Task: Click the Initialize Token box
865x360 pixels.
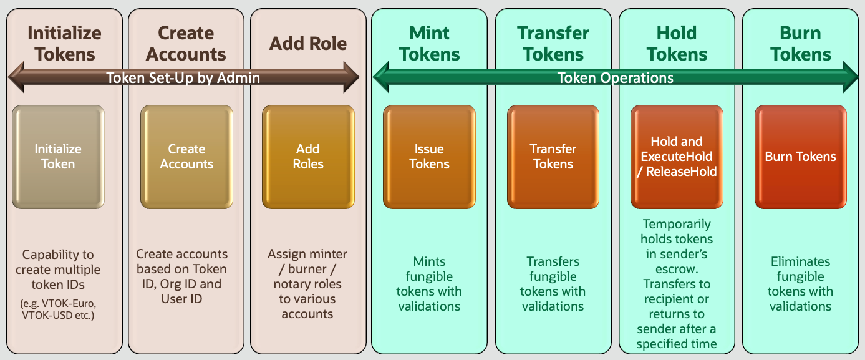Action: point(58,157)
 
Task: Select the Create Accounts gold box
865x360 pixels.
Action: point(186,157)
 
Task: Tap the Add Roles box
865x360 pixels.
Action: point(308,157)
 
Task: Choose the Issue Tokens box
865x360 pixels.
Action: point(429,157)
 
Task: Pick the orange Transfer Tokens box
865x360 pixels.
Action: point(553,157)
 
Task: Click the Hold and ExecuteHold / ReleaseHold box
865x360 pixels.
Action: point(677,157)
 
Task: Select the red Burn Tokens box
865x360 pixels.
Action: point(801,157)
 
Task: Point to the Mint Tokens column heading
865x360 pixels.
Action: point(430,44)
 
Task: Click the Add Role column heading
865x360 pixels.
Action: point(308,44)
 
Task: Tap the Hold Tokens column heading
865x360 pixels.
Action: point(677,44)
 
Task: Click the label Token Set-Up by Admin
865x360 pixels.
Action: point(183,78)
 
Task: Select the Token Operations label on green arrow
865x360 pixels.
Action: point(615,78)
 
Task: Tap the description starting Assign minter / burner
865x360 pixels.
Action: point(307,284)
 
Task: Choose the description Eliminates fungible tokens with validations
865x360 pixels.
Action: point(800,284)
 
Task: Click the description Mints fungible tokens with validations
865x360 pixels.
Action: point(429,284)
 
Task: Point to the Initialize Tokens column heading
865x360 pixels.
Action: point(64,44)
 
